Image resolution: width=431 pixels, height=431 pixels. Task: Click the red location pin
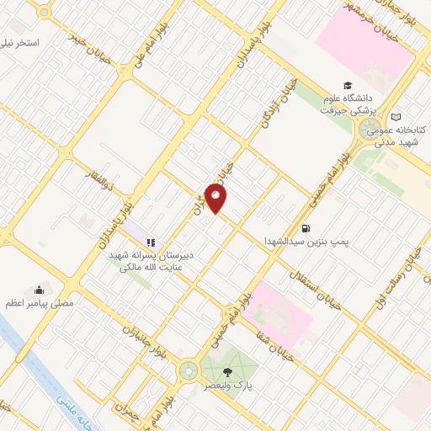coord(216,199)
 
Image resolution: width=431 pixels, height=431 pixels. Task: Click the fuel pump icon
coord(305,227)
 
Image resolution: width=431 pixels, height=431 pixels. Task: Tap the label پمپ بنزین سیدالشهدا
coord(325,242)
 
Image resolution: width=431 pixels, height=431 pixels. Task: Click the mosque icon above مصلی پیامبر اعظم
coord(39,287)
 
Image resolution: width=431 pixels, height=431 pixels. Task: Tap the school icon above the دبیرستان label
coord(151,242)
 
